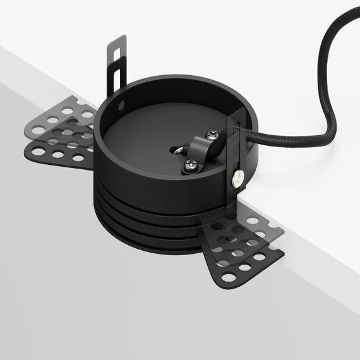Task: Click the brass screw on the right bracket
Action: tap(239, 179)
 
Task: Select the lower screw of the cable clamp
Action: tap(190, 165)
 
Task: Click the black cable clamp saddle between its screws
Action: tap(203, 149)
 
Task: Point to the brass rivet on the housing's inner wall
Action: tap(121, 100)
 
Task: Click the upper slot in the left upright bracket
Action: tap(116, 52)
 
